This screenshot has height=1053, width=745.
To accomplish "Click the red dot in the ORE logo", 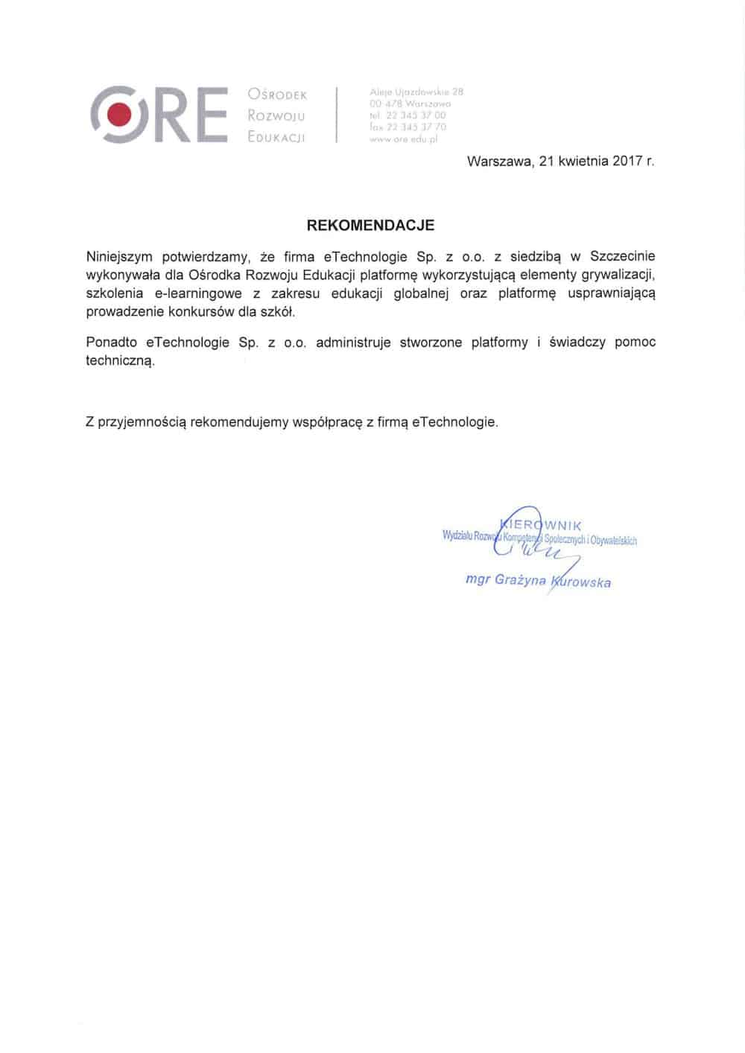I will pyautogui.click(x=118, y=114).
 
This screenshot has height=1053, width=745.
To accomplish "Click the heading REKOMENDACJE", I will pyautogui.click(x=371, y=224).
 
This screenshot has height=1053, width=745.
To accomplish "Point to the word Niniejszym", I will pyautogui.click(x=119, y=257).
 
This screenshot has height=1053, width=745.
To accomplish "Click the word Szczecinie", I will pyautogui.click(x=623, y=257).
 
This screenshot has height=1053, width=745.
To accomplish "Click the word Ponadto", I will pyautogui.click(x=112, y=343).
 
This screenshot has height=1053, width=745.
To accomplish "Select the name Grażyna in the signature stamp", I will pyautogui.click(x=521, y=579).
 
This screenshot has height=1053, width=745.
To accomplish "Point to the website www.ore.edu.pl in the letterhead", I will pyautogui.click(x=403, y=139).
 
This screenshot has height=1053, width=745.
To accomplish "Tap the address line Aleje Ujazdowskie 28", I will pyautogui.click(x=416, y=92).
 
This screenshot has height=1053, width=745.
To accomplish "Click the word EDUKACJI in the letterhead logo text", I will pyautogui.click(x=276, y=138).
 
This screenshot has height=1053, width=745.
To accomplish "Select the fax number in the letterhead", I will pyautogui.click(x=408, y=127).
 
